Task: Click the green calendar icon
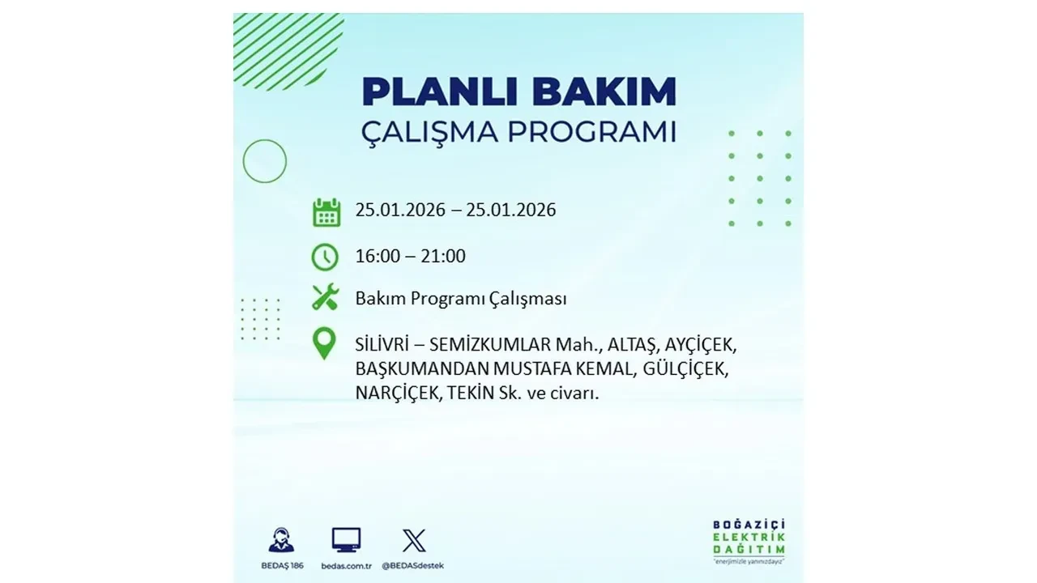[326, 212]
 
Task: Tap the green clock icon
[325, 257]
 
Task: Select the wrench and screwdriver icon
[325, 298]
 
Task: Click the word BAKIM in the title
[597, 92]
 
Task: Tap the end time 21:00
[444, 257]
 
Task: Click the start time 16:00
[377, 257]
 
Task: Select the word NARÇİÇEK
[394, 394]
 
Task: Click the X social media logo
[413, 540]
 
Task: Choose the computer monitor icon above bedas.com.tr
[346, 540]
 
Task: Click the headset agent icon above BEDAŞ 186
[281, 540]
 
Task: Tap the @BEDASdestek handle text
[413, 565]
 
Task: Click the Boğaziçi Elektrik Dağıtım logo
[749, 540]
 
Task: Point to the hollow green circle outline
[265, 161]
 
